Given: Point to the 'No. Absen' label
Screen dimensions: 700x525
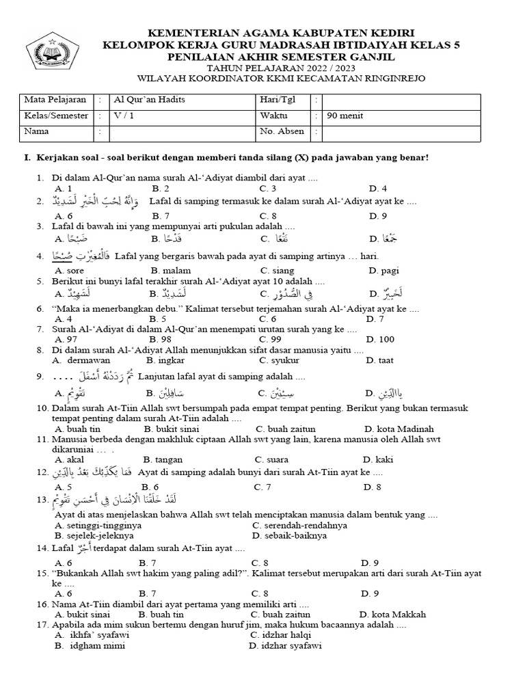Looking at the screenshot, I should click(282, 131).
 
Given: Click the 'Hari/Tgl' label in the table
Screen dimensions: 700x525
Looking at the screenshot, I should click(278, 100).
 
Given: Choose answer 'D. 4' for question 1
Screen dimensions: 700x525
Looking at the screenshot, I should click(377, 188).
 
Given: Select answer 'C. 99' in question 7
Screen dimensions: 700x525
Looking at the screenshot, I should click(267, 339).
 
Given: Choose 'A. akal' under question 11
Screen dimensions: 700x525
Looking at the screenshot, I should click(68, 459).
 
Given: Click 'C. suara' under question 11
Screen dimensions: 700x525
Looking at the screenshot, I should click(271, 459).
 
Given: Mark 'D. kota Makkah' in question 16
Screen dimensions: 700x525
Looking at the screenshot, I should click(392, 614).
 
